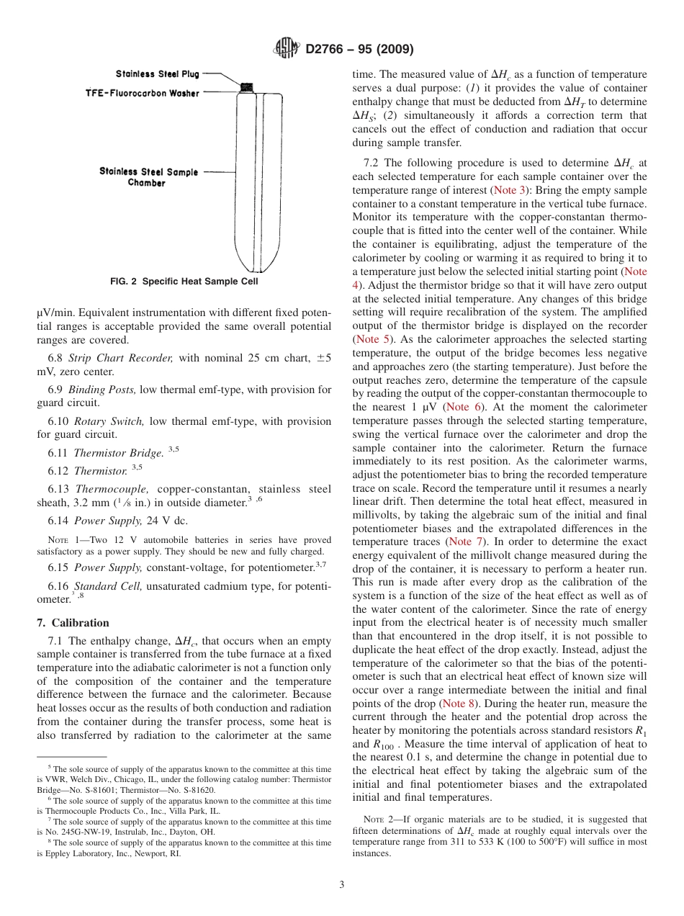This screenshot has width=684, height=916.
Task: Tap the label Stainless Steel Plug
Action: [158, 74]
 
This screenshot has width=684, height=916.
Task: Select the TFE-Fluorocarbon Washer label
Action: [143, 94]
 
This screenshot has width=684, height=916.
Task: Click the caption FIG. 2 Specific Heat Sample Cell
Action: [184, 282]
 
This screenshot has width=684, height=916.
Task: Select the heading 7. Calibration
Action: [73, 623]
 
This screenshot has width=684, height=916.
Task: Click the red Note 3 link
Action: [503, 190]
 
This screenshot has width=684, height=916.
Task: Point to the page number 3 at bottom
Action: [341, 885]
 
